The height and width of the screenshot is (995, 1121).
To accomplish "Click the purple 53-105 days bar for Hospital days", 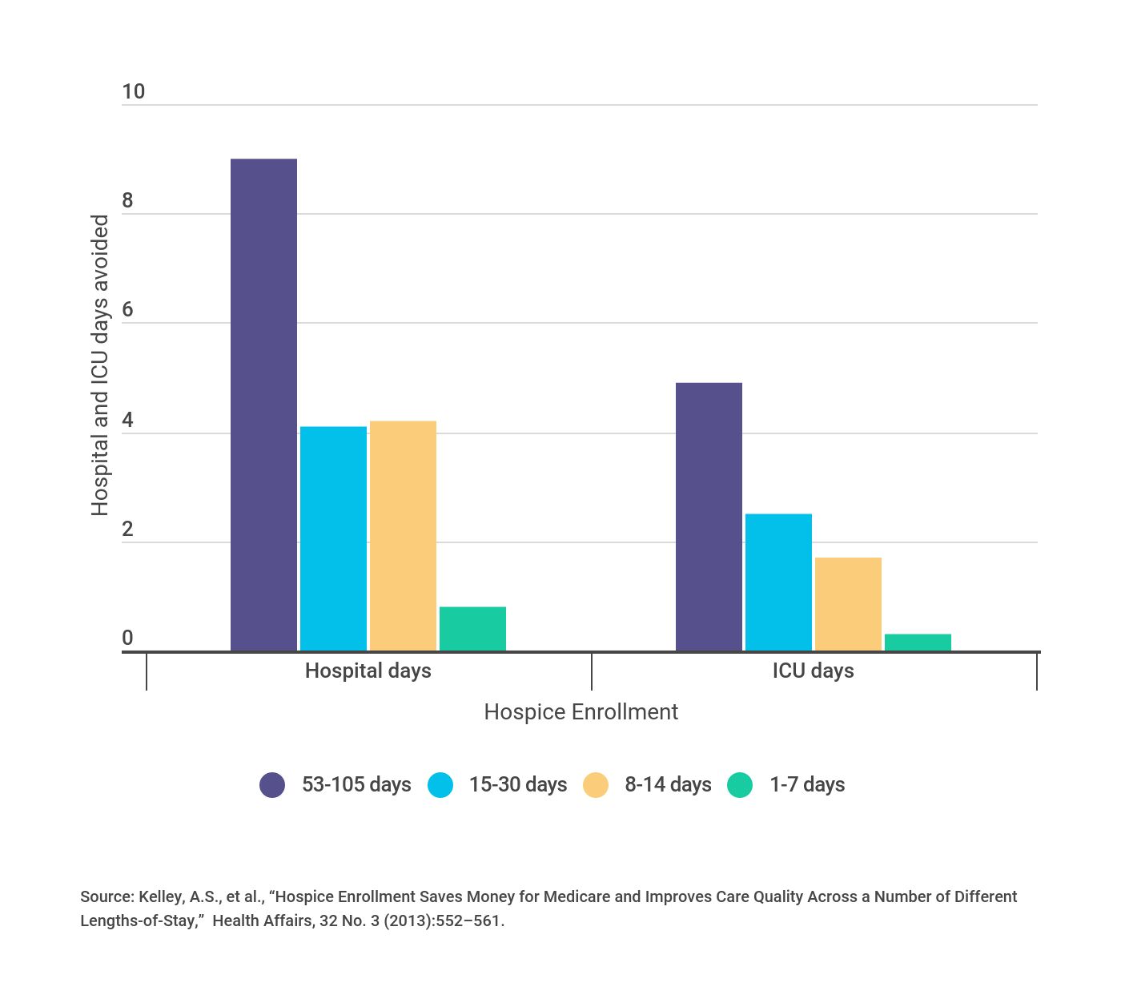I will (263, 405).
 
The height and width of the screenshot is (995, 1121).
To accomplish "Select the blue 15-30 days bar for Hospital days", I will (333, 538).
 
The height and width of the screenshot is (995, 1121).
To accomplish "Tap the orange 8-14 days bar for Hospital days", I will (403, 536).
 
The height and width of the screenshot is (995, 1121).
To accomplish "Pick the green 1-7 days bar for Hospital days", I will (472, 629).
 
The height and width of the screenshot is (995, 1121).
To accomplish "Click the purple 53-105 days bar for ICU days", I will (709, 517).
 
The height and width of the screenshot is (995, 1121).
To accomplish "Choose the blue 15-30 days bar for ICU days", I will (778, 582).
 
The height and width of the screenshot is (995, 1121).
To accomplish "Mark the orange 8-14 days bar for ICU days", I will (848, 604).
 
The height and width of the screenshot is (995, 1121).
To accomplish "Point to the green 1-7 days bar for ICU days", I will (918, 643).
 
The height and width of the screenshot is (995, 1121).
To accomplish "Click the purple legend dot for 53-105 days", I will (272, 785).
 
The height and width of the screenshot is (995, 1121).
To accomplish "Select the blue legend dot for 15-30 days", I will (440, 785).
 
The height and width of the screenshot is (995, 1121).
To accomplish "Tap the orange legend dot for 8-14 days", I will (596, 785).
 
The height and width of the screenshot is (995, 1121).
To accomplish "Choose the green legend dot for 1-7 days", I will (740, 785).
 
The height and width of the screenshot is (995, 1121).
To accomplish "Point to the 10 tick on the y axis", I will (133, 92).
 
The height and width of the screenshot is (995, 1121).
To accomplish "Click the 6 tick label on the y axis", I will (127, 311).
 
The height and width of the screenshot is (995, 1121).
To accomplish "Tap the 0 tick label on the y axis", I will (127, 638).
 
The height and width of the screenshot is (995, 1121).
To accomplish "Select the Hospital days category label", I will (368, 671).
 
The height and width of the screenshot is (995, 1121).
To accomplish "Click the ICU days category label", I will (813, 671).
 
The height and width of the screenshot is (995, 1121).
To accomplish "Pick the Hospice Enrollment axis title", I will (581, 712).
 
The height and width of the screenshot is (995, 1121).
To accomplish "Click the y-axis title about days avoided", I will (99, 365).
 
